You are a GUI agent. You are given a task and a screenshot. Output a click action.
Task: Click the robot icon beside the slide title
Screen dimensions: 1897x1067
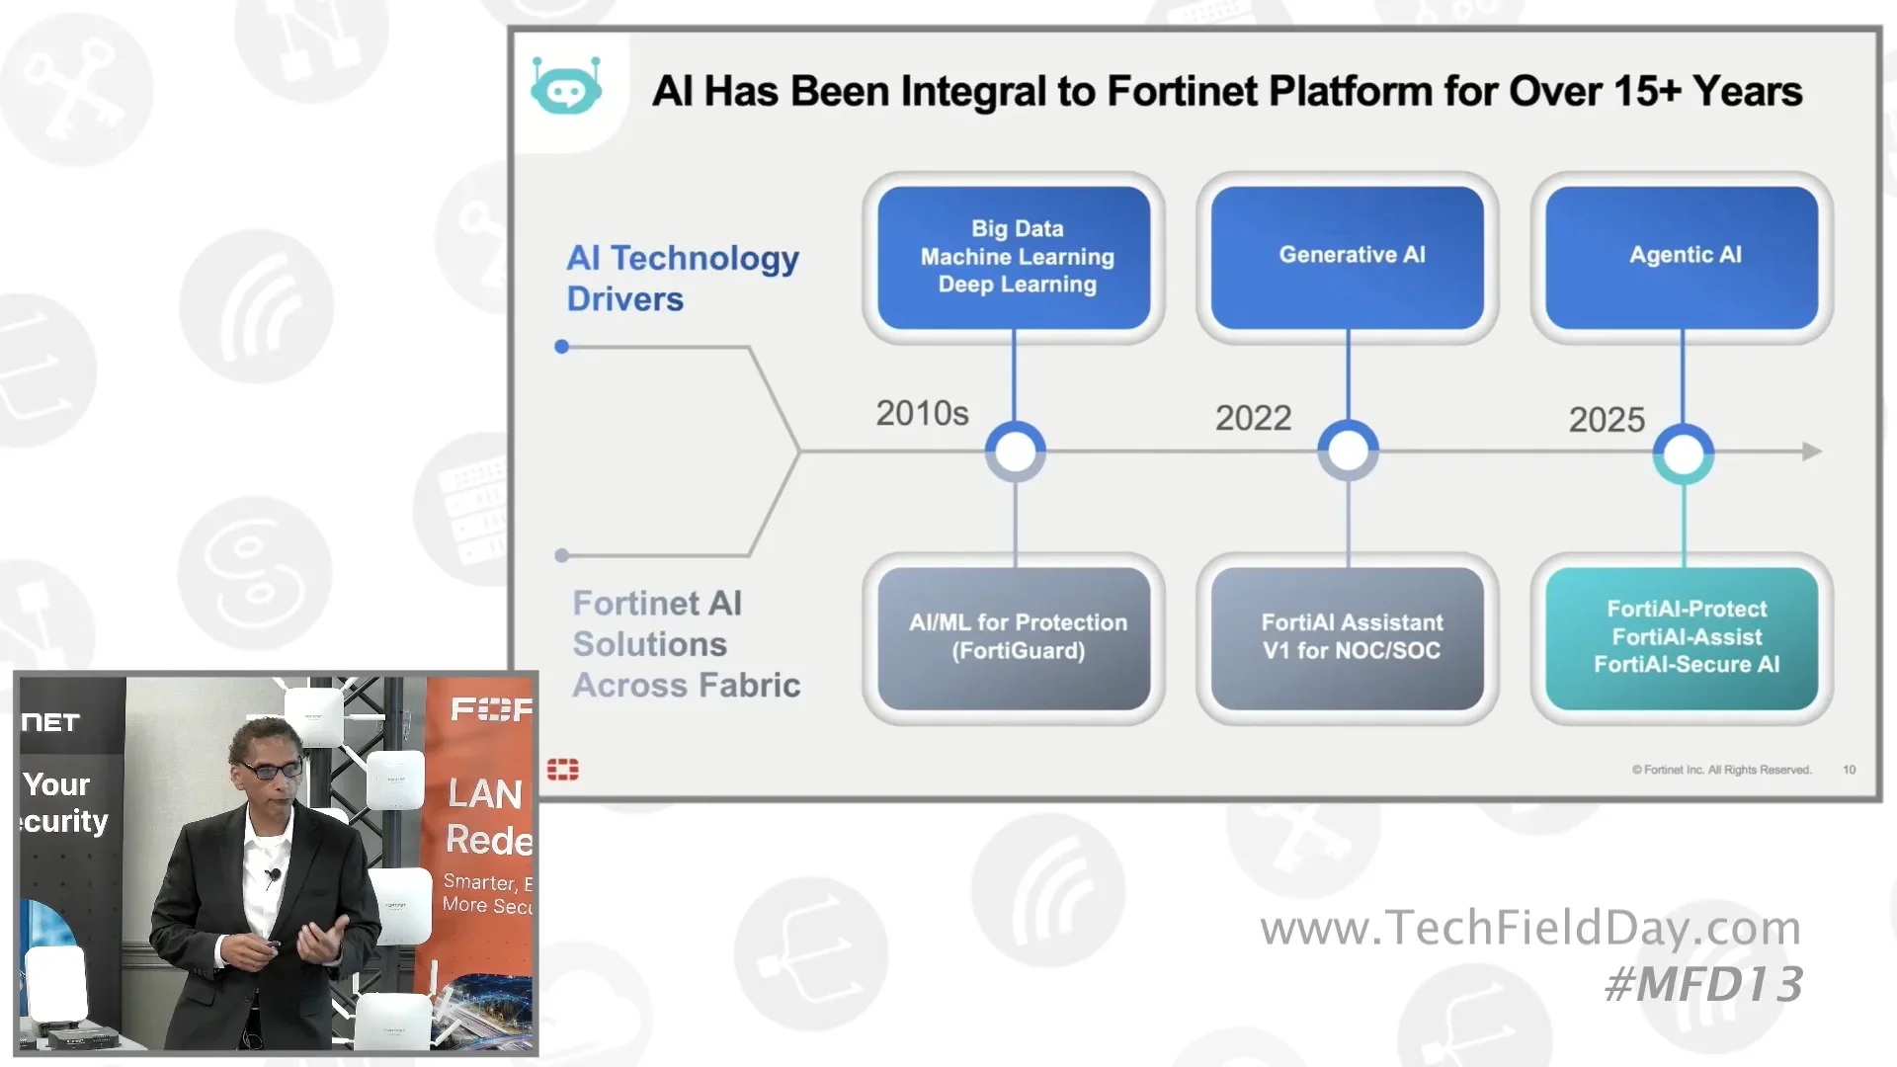pyautogui.click(x=565, y=89)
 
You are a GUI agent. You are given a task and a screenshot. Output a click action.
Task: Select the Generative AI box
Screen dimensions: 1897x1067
pyautogui.click(x=1348, y=257)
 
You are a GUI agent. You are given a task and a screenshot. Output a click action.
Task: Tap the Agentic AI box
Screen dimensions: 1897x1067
pyautogui.click(x=1682, y=257)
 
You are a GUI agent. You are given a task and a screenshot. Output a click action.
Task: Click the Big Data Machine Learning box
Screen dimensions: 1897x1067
pyautogui.click(x=1014, y=257)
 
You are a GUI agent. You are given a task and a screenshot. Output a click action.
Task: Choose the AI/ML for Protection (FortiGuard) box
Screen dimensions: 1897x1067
pyautogui.click(x=1014, y=637)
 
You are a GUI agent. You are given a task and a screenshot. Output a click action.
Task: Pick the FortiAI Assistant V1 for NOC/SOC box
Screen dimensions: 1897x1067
pyautogui.click(x=1348, y=637)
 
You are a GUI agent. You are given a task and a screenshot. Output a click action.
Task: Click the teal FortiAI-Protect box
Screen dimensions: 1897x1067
pyautogui.click(x=1682, y=637)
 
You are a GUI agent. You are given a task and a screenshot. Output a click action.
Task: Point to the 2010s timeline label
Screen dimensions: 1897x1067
pyautogui.click(x=922, y=413)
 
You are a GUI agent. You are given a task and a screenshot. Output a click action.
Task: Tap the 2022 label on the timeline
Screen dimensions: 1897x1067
pyautogui.click(x=1253, y=418)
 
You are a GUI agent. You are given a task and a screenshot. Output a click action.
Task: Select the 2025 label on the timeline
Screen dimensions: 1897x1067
pyautogui.click(x=1607, y=420)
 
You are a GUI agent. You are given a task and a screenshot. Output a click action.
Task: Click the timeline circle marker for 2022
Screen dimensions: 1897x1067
pyautogui.click(x=1348, y=451)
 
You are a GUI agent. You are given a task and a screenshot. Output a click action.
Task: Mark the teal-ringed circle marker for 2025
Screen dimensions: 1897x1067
pyautogui.click(x=1683, y=453)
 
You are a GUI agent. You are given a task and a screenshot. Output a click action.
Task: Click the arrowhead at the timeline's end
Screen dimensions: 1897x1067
pyautogui.click(x=1811, y=451)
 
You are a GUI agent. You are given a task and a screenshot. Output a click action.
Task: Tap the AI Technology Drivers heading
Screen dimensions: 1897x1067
pyautogui.click(x=682, y=278)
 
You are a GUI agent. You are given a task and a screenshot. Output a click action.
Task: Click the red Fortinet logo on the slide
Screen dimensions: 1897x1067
pyautogui.click(x=563, y=770)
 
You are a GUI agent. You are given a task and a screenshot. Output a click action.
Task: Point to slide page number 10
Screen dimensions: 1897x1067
pyautogui.click(x=1849, y=770)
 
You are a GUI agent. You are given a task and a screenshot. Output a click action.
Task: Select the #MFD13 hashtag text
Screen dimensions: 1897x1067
pyautogui.click(x=1703, y=984)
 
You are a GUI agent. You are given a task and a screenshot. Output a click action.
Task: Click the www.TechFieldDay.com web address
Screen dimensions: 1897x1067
pyautogui.click(x=1529, y=928)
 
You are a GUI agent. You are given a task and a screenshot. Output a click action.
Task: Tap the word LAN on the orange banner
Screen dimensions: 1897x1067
pyautogui.click(x=484, y=793)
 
